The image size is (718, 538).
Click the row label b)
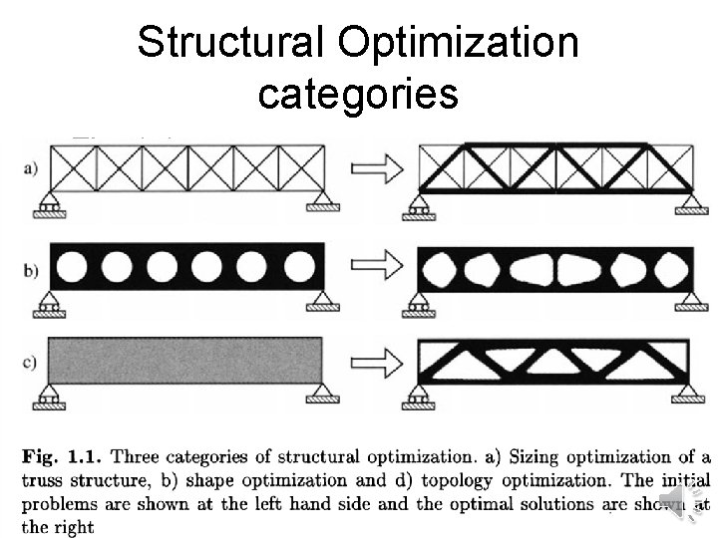[29, 266]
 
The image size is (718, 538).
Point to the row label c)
[29, 362]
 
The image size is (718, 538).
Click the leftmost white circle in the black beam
[73, 266]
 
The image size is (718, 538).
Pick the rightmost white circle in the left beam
[297, 266]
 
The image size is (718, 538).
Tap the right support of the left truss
[322, 205]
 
